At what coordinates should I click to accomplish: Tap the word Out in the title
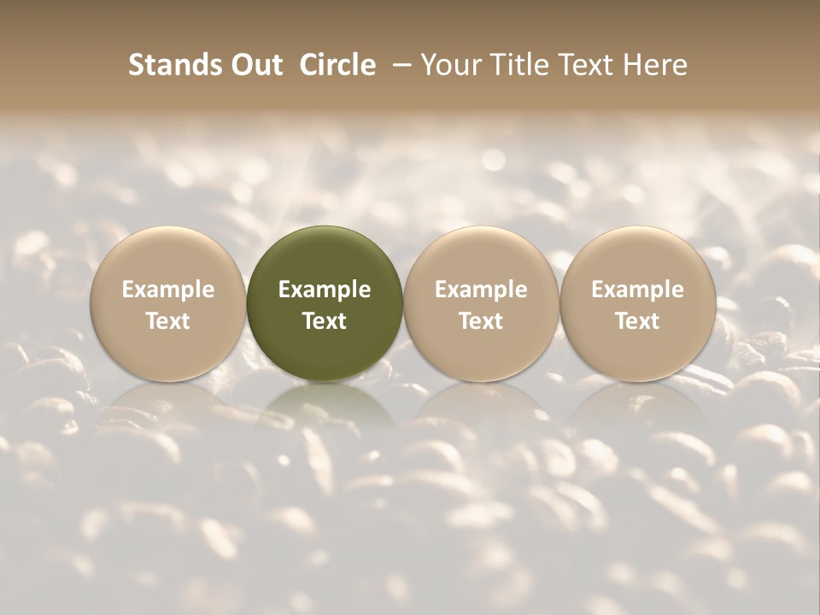[255, 65]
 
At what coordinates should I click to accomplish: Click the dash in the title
[398, 66]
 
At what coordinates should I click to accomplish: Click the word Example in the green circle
[325, 290]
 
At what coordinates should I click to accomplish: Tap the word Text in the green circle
[325, 321]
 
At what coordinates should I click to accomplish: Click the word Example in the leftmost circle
[168, 290]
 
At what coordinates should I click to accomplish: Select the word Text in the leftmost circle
[168, 321]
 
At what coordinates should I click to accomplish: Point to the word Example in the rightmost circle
[638, 290]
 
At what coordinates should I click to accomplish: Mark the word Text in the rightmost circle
[638, 321]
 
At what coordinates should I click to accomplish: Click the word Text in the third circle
[482, 321]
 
